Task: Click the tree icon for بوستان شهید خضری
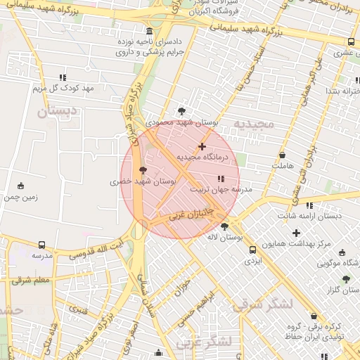tap(143, 169)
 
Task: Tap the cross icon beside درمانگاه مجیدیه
tap(202, 146)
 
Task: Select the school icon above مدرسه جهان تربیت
tap(221, 179)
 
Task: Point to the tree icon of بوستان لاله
tap(224, 226)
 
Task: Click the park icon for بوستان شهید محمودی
tap(182, 110)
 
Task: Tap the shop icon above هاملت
tap(282, 155)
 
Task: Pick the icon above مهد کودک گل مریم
tap(63, 77)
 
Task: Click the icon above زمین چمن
tap(20, 186)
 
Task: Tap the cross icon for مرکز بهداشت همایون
tap(296, 233)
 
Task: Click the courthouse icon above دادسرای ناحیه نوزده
tap(149, 32)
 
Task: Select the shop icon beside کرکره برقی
tap(313, 316)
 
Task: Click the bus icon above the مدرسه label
tap(41, 245)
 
